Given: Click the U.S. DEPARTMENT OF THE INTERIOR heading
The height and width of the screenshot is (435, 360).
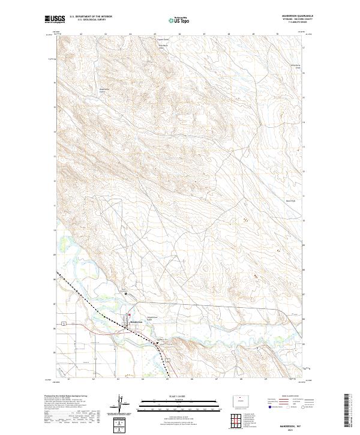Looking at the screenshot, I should pyautogui.click(x=91, y=17).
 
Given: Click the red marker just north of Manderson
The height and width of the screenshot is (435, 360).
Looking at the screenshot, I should pyautogui.click(x=130, y=316).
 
